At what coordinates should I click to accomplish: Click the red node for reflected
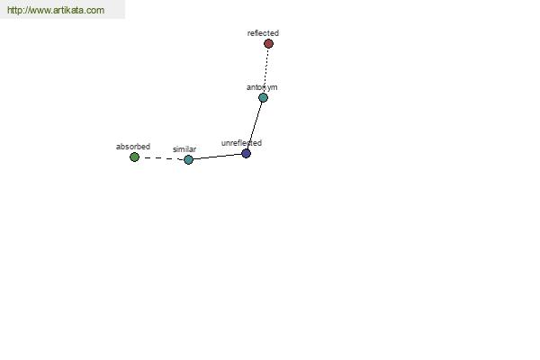pyautogui.click(x=268, y=44)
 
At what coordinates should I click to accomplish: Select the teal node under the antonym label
pyautogui.click(x=263, y=98)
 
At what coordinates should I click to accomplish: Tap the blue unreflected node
pyautogui.click(x=246, y=154)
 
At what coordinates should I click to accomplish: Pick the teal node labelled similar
pyautogui.click(x=188, y=160)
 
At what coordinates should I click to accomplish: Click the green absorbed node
pyautogui.click(x=134, y=157)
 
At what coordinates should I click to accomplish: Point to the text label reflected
pyautogui.click(x=263, y=33)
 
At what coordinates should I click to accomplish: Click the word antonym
pyautogui.click(x=262, y=87)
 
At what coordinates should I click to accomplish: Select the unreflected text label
pyautogui.click(x=241, y=143)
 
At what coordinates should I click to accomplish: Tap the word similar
pyautogui.click(x=184, y=149)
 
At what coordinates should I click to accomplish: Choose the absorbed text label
pyautogui.click(x=133, y=147)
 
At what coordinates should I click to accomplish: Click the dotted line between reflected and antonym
pyautogui.click(x=265, y=70)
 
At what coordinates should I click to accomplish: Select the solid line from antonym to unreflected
pyautogui.click(x=255, y=125)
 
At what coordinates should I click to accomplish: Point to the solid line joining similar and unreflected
pyautogui.click(x=217, y=157)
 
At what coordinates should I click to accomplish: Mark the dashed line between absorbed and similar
pyautogui.click(x=161, y=158)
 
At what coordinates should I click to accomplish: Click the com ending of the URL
pyautogui.click(x=95, y=11)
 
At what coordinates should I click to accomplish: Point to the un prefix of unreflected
pyautogui.click(x=225, y=143)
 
